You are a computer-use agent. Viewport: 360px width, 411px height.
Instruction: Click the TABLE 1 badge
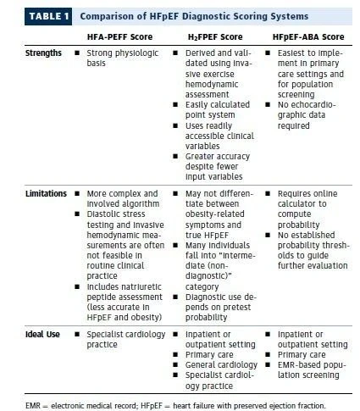48,16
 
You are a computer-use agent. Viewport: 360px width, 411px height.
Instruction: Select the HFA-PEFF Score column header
119,37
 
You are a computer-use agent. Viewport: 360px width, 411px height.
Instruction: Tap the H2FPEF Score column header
215,37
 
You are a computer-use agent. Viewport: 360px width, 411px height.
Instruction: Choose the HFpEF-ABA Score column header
308,37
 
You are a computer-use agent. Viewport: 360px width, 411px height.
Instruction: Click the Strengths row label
43,53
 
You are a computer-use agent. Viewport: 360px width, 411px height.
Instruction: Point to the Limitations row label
46,194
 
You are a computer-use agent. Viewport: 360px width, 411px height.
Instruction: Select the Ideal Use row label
42,335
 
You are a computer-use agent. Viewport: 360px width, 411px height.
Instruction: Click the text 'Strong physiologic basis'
123,58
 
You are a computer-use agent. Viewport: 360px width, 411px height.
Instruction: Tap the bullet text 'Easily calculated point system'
218,109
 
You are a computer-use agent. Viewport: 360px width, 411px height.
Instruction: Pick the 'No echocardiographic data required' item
307,115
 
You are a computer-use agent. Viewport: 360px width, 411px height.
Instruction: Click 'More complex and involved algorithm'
123,198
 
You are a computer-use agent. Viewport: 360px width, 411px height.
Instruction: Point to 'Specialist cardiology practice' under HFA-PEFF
126,339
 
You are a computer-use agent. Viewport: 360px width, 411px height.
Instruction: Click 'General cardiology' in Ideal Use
221,365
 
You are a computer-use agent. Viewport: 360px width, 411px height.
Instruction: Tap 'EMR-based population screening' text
312,370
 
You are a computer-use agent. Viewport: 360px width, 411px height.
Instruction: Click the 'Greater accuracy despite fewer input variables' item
218,167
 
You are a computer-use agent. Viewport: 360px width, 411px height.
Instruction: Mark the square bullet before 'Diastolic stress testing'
77,214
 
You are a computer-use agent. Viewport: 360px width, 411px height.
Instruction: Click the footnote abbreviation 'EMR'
33,406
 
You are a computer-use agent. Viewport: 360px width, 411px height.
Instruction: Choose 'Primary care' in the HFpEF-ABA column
302,355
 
